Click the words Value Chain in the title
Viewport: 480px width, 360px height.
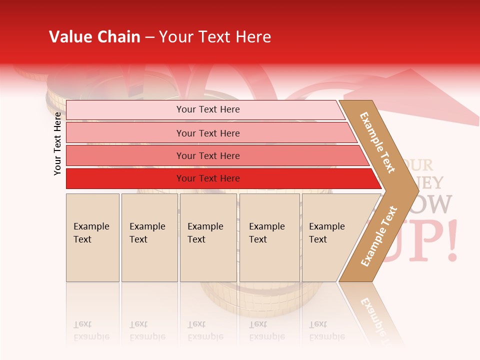coord(94,37)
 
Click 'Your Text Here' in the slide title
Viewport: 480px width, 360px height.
coord(215,37)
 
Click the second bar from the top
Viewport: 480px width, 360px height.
coord(207,133)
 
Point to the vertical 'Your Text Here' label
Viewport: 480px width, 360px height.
coord(57,143)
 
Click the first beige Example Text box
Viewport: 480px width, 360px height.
coord(92,237)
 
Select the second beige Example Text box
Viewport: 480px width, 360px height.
coord(149,237)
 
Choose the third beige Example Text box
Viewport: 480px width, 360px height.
coord(208,237)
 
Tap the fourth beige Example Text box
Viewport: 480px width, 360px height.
coord(269,237)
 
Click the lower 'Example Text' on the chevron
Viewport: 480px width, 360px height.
coord(379,236)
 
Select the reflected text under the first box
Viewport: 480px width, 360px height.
coord(91,330)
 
